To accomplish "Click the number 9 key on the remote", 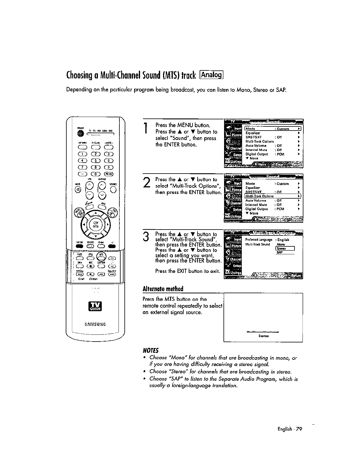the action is pyautogui.click(x=109, y=167).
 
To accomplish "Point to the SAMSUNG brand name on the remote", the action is pyautogui.click(x=96, y=324).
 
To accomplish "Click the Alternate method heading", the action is pyautogui.click(x=163, y=288).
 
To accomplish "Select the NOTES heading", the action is pyautogui.click(x=151, y=350).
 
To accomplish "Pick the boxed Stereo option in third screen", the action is pyautogui.click(x=285, y=248).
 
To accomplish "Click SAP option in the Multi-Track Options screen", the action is pyautogui.click(x=280, y=252).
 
